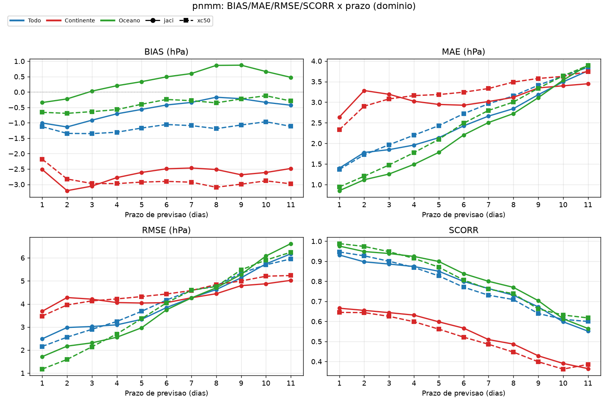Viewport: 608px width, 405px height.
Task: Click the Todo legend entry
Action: click(x=25, y=21)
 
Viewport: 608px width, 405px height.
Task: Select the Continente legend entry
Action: click(x=71, y=21)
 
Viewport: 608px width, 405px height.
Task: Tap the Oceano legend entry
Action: click(x=120, y=21)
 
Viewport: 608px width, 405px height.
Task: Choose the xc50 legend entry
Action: click(x=195, y=21)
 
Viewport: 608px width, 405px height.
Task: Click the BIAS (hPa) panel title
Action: click(x=166, y=52)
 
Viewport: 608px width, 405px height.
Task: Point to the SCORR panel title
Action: click(x=464, y=230)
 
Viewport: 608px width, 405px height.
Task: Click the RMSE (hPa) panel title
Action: click(x=166, y=230)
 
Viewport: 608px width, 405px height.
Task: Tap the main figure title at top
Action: click(x=304, y=6)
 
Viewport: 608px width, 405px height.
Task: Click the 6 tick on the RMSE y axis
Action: click(x=23, y=258)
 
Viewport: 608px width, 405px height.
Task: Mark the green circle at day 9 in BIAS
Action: click(x=241, y=65)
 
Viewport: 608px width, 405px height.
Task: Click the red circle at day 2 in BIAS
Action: click(x=67, y=191)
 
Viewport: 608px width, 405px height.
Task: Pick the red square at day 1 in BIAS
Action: click(x=42, y=159)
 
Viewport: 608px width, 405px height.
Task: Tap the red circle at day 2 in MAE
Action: click(x=364, y=91)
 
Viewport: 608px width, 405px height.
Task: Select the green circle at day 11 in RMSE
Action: click(x=291, y=244)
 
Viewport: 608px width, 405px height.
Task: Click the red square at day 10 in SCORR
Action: click(x=563, y=369)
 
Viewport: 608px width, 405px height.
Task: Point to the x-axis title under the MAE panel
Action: click(x=464, y=215)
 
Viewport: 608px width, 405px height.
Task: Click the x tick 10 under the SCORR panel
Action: click(x=563, y=383)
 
